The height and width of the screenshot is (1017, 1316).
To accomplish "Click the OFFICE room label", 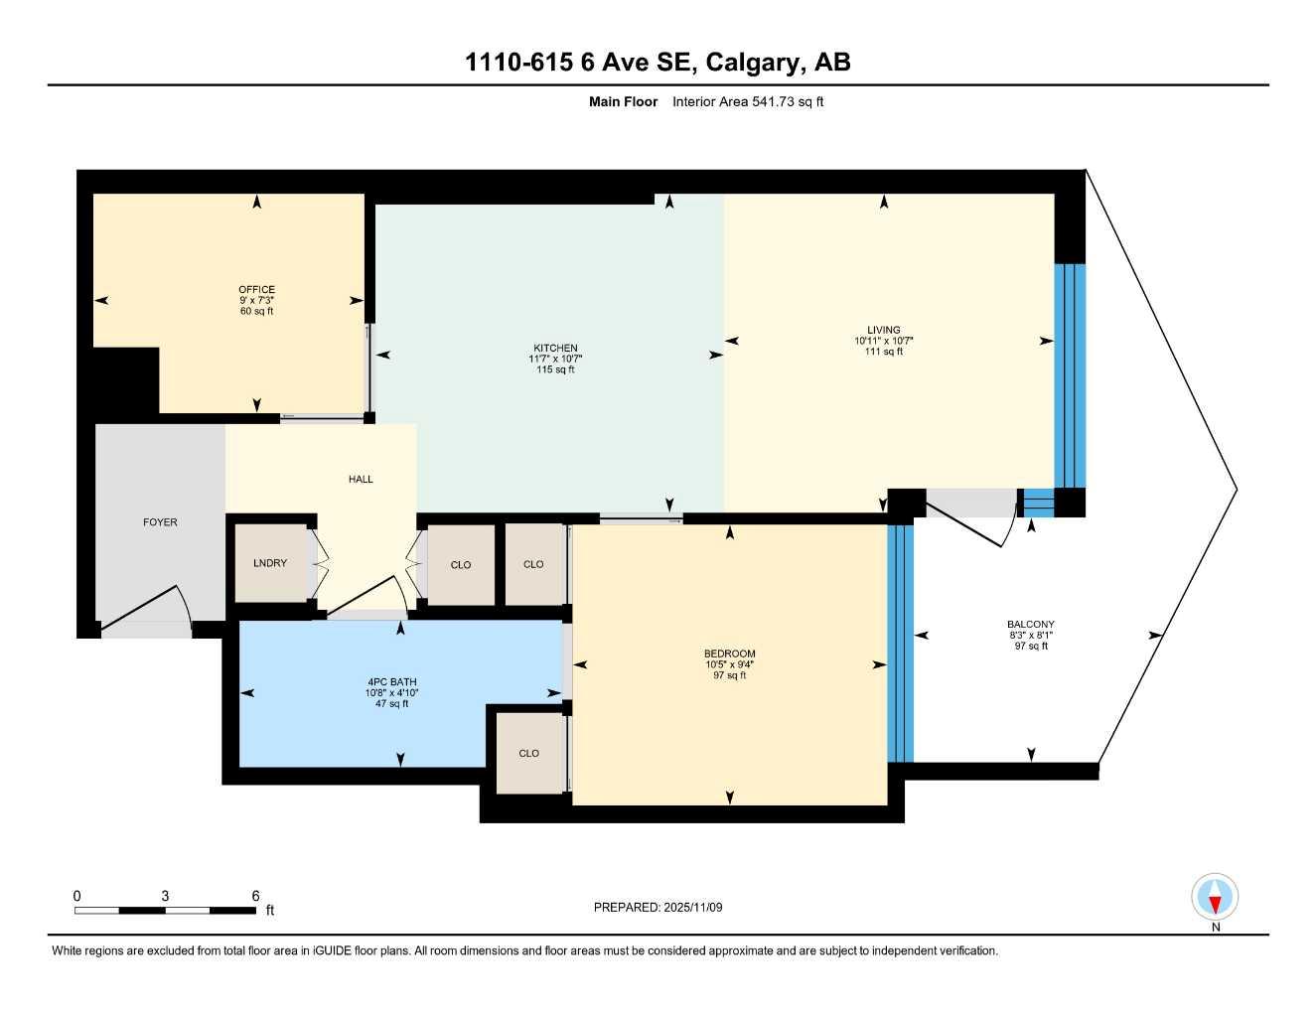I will point(256,290).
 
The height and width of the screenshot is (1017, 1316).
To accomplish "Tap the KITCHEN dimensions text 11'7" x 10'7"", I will point(555,359).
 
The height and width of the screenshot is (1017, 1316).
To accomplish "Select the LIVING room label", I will point(883,330).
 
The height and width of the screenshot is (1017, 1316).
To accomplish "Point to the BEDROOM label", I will point(729,654).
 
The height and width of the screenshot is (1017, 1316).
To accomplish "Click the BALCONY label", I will point(1030,625).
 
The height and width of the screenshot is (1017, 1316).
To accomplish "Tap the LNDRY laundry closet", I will point(270,563).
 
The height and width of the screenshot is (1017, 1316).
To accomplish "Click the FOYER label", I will point(160,522).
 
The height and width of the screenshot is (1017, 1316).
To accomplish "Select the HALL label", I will point(361,480).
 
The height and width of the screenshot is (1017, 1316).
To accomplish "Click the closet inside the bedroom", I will point(528,753).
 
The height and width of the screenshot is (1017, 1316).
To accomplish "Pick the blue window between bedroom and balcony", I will point(900,643).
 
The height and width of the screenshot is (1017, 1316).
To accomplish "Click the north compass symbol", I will point(1215,898).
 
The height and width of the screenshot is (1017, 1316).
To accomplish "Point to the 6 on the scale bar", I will point(255,896).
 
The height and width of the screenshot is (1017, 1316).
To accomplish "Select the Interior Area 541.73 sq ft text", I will point(748,101).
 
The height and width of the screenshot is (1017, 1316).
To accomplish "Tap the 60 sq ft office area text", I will point(256,312).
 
